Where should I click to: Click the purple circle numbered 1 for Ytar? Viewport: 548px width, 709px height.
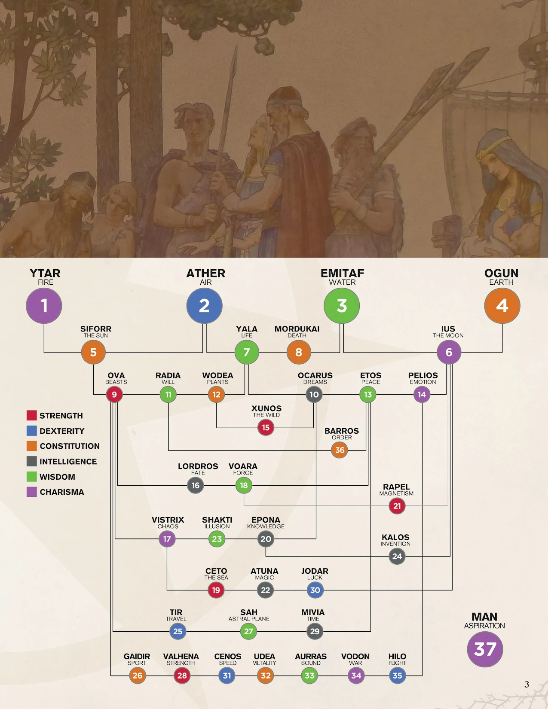coord(44,305)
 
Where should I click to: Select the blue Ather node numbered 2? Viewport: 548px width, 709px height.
coord(204,305)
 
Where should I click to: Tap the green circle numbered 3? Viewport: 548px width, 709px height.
coord(342,305)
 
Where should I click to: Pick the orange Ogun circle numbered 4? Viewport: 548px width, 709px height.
coord(502,305)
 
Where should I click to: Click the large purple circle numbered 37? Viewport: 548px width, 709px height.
coord(485,649)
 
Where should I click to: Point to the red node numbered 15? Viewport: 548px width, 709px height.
coord(266,427)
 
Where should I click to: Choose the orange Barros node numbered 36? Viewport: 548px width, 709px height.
coord(340,450)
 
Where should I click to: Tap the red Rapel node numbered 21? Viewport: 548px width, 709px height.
coord(397,506)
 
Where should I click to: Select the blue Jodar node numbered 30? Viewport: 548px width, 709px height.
coord(315,590)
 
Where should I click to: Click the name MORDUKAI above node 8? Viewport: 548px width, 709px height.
coord(297,329)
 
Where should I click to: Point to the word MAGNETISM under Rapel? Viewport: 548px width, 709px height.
coord(396,493)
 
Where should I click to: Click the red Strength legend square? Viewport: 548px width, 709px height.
coord(31,415)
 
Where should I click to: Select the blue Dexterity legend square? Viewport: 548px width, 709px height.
coord(31,431)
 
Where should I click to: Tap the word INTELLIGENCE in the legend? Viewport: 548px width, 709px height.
coord(68,462)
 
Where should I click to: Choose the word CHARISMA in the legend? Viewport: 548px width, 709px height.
coord(62,492)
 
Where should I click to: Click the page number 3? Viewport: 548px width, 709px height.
coord(527,684)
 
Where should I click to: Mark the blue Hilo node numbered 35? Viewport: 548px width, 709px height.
coord(398,676)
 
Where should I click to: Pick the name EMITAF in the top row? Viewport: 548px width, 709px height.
coord(342,273)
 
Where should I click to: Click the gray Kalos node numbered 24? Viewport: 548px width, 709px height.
coord(397,557)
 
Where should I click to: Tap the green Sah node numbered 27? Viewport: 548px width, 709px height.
coord(248,631)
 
